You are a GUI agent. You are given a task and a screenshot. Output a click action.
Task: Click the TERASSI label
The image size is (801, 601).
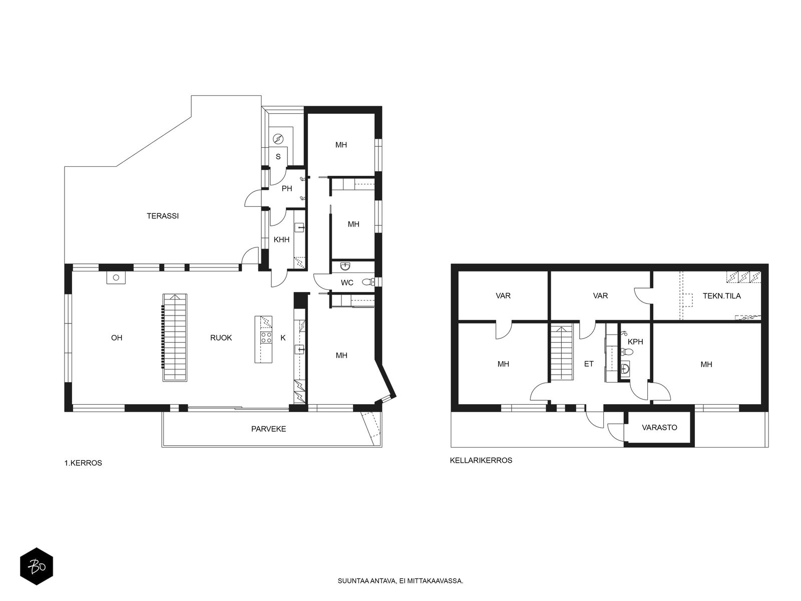[x=163, y=216]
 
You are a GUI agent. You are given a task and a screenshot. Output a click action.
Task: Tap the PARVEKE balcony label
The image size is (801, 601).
[x=268, y=429]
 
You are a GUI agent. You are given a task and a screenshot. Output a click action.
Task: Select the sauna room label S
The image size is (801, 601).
[x=278, y=157]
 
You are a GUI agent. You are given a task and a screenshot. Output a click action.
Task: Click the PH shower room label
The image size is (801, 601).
[x=287, y=188]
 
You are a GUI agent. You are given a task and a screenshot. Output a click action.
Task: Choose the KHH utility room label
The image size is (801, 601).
[x=281, y=239]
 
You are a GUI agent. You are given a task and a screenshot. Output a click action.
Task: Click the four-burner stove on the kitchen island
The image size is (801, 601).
[x=266, y=338]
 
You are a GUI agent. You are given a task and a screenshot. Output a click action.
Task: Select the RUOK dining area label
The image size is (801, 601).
[x=221, y=338]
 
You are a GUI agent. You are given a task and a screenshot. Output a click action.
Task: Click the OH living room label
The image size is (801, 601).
[x=117, y=338]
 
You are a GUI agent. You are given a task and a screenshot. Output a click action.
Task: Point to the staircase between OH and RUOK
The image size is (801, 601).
[x=175, y=338]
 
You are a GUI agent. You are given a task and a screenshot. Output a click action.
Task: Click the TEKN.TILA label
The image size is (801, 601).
[x=722, y=295]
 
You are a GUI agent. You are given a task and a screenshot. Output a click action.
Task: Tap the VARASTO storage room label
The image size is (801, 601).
[x=659, y=427]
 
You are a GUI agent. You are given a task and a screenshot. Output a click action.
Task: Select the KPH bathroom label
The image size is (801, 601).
[x=635, y=342]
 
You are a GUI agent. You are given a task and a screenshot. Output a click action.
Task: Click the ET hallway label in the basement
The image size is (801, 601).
[x=589, y=364]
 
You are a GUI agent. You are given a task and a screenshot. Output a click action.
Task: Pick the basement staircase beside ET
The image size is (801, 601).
[x=562, y=353]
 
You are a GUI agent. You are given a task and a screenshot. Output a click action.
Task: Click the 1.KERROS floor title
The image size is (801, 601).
[x=83, y=463]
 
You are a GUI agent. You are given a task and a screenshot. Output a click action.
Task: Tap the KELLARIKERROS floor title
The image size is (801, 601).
[x=481, y=460]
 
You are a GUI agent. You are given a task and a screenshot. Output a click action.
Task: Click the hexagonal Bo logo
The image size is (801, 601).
[x=37, y=566]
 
